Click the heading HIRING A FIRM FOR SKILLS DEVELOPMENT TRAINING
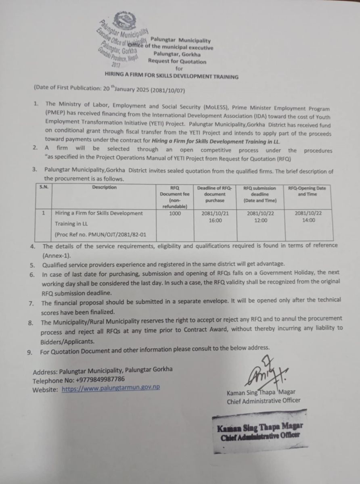click(172, 76)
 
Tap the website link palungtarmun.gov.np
click(111, 387)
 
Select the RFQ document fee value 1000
click(175, 213)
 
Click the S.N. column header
click(44, 188)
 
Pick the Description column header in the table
click(104, 188)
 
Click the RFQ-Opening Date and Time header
click(307, 191)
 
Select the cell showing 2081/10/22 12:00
click(260, 217)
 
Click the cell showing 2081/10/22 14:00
click(308, 217)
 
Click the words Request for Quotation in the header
click(177, 62)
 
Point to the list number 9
click(29, 352)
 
